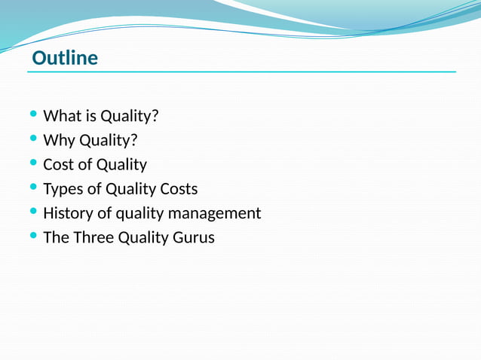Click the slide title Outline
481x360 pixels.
pyautogui.click(x=65, y=58)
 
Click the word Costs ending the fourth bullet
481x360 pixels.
pyautogui.click(x=179, y=189)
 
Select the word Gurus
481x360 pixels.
pyautogui.click(x=193, y=237)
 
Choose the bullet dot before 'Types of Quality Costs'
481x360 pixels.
pyautogui.click(x=32, y=187)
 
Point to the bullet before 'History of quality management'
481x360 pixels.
pyautogui.click(x=32, y=211)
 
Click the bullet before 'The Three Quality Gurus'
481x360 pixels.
pyautogui.click(x=32, y=235)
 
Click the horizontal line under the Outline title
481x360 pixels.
pyautogui.click(x=241, y=72)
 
